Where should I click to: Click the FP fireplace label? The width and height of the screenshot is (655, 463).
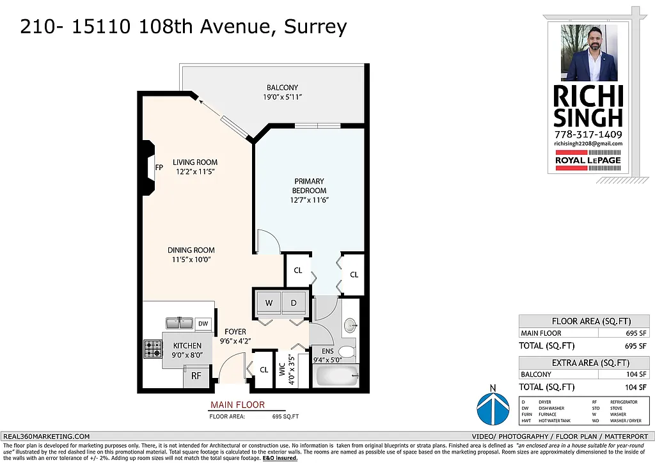click(x=159, y=168)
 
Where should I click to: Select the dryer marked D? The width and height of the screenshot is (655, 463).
click(x=294, y=302)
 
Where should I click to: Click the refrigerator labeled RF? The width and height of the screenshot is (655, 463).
click(x=196, y=376)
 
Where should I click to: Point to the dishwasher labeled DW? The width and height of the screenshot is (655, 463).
click(x=203, y=324)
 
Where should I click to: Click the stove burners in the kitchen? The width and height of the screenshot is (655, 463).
click(x=152, y=349)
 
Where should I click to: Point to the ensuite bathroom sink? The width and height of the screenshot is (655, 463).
click(x=351, y=326)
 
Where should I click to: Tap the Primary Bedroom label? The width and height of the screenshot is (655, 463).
click(x=309, y=186)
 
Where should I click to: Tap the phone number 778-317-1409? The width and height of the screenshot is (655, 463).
click(x=588, y=134)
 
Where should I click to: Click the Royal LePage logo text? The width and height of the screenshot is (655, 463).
click(x=588, y=161)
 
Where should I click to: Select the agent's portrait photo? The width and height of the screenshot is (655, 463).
click(x=588, y=53)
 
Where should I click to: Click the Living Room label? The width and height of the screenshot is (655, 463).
click(x=196, y=162)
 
